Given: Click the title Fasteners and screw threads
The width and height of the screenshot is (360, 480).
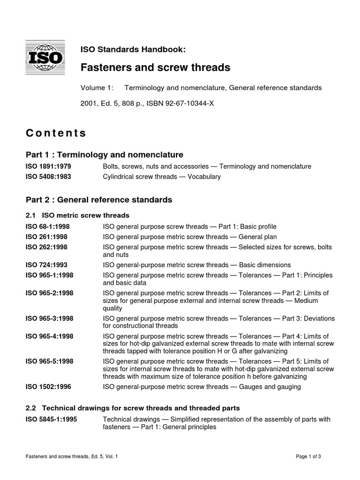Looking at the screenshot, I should [156, 67].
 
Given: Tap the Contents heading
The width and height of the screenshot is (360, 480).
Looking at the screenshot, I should [56, 133].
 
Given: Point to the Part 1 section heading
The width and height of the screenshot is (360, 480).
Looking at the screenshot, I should [104, 155].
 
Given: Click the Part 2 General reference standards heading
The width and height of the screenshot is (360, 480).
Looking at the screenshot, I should [99, 200].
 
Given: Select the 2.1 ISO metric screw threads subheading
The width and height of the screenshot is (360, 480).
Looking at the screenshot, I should [77, 215].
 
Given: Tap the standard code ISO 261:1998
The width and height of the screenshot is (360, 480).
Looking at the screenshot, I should [46, 237].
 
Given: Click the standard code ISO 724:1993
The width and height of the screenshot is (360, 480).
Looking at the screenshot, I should [46, 265].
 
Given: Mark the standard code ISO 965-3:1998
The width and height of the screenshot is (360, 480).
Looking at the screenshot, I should [49, 318].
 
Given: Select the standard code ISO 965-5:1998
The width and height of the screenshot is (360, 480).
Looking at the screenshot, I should [49, 361].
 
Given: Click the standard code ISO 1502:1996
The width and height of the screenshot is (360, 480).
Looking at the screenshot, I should [48, 387].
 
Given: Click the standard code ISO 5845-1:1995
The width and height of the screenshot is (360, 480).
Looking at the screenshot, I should [51, 419].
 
